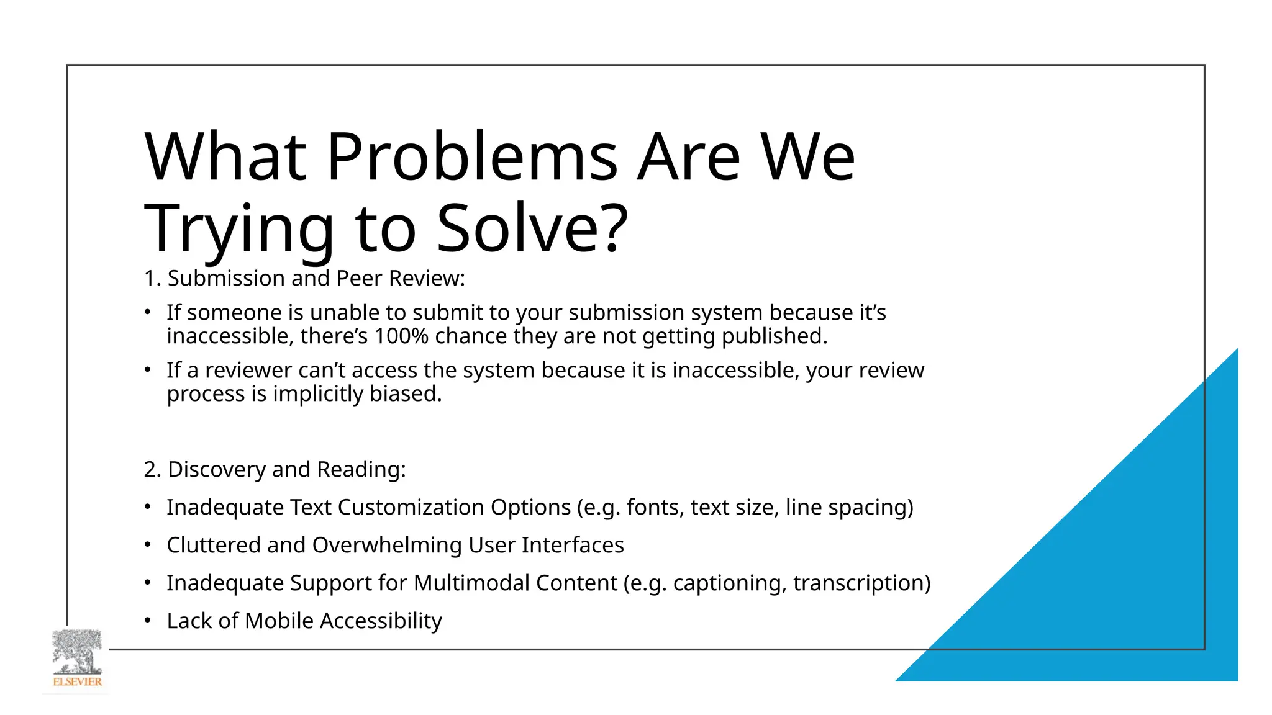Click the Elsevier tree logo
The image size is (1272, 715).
(77, 660)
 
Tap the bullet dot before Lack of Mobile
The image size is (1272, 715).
(148, 621)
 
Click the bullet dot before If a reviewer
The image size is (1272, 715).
(148, 371)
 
